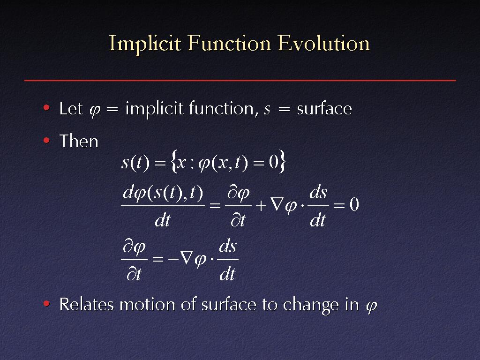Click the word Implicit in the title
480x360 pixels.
(145, 44)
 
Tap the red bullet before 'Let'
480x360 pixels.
(46, 107)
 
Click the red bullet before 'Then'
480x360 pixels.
(46, 140)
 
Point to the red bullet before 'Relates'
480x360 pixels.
(46, 303)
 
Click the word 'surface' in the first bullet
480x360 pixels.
(324, 109)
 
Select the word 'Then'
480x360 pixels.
(79, 142)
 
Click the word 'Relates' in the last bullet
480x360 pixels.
(86, 304)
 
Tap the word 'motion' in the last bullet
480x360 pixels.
(148, 305)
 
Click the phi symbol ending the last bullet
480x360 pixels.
(371, 307)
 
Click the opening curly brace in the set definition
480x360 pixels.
(174, 162)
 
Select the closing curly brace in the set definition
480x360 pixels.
(282, 161)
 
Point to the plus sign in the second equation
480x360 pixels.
(261, 205)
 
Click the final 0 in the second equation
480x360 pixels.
(354, 204)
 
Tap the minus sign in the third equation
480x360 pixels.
(173, 259)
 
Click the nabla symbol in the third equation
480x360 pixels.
(186, 259)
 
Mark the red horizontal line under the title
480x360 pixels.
(240, 81)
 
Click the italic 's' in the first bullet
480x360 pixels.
(267, 110)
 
